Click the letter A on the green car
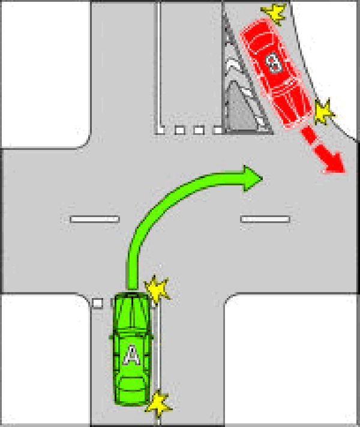(132, 355)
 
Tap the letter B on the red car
(274, 63)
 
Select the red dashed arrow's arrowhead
(334, 163)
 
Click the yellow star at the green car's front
(157, 289)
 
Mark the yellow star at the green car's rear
(158, 405)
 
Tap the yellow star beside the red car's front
(323, 112)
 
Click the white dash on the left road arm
(95, 219)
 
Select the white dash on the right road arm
(265, 219)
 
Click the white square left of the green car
(97, 303)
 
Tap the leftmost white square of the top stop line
(160, 130)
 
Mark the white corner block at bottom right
(292, 359)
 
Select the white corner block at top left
(45, 74)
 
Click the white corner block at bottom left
(45, 359)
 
